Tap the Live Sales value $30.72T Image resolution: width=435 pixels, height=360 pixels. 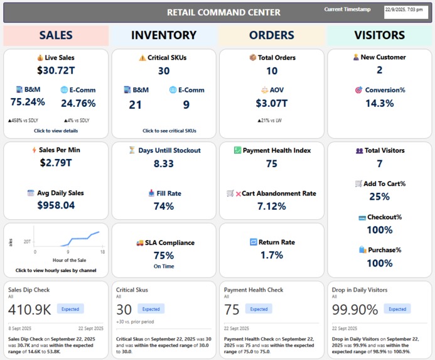pyautogui.click(x=55, y=70)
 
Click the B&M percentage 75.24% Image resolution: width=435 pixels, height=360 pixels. pyautogui.click(x=28, y=102)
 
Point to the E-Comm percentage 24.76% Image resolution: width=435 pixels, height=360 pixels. pyautogui.click(x=78, y=103)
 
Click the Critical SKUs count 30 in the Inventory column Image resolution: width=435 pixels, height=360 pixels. pyautogui.click(x=163, y=71)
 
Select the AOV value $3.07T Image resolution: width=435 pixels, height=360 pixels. pyautogui.click(x=271, y=103)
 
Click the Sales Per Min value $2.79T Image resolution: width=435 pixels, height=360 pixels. pyautogui.click(x=55, y=163)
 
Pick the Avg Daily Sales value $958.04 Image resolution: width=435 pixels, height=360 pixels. pyautogui.click(x=55, y=205)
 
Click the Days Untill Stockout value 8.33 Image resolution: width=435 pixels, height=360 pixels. pyautogui.click(x=163, y=163)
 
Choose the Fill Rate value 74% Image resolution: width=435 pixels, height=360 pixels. pyautogui.click(x=163, y=206)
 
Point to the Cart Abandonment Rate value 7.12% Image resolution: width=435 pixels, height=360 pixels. pyautogui.click(x=271, y=206)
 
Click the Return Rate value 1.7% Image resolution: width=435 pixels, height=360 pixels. pyautogui.click(x=271, y=255)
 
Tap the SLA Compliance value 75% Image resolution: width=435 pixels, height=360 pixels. pyautogui.click(x=163, y=255)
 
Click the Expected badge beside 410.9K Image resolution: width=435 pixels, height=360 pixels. pyautogui.click(x=70, y=309)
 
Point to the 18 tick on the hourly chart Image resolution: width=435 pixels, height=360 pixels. pyautogui.click(x=102, y=251)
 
